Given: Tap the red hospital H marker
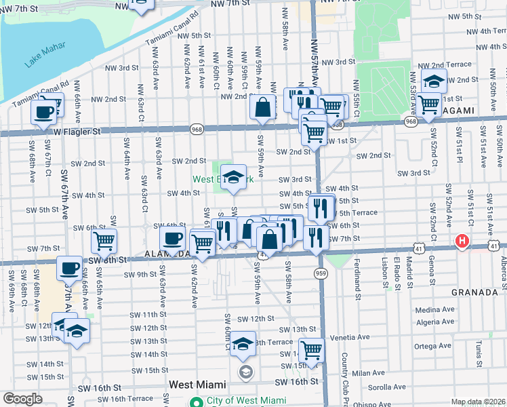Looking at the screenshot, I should pyautogui.click(x=462, y=241).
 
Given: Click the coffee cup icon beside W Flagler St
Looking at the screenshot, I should pyautogui.click(x=44, y=112).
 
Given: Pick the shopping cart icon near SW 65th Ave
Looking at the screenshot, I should pyautogui.click(x=104, y=240).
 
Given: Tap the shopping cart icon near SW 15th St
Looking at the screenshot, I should pyautogui.click(x=311, y=350).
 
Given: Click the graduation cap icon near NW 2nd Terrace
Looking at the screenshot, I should pyautogui.click(x=433, y=81).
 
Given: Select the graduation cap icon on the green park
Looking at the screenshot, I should pyautogui.click(x=234, y=176).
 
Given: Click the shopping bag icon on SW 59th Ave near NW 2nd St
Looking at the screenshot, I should pyautogui.click(x=262, y=107).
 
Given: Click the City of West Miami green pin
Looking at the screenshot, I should pyautogui.click(x=197, y=400).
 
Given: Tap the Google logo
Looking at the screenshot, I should pyautogui.click(x=22, y=399).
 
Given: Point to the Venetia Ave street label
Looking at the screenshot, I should pyautogui.click(x=350, y=336).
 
